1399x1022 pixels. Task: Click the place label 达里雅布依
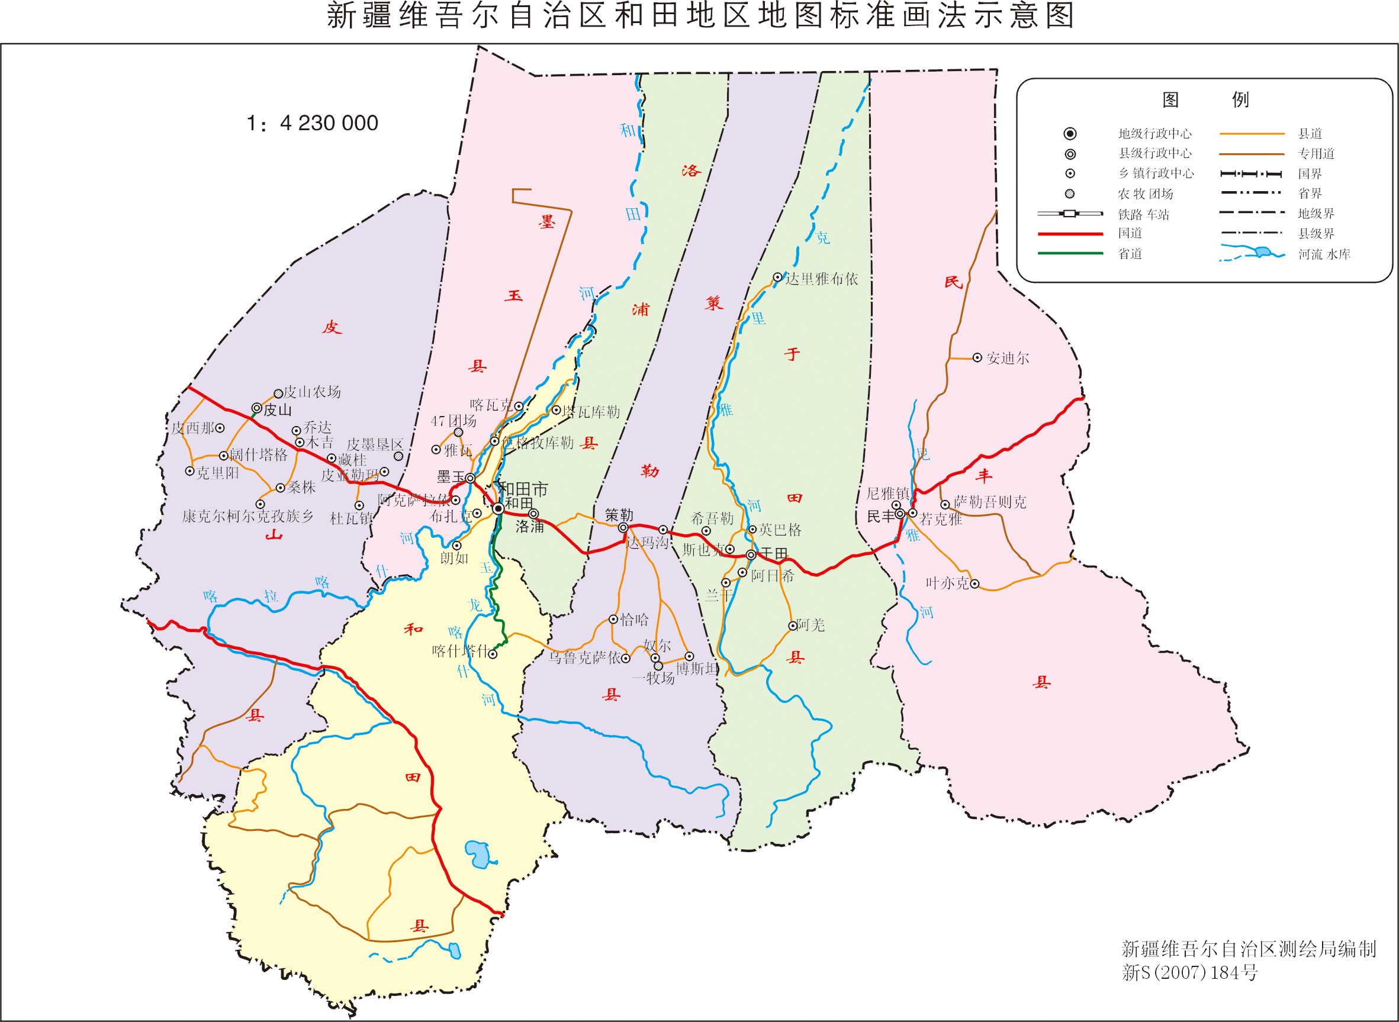pyautogui.click(x=821, y=279)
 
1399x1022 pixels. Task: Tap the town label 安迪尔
pyautogui.click(x=1008, y=358)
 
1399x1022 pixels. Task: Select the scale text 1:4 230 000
pyautogui.click(x=312, y=123)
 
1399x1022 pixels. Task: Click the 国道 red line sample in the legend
pyautogui.click(x=1070, y=234)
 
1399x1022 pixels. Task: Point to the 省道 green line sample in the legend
pyautogui.click(x=1070, y=254)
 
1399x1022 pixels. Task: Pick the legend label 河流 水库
pyautogui.click(x=1324, y=254)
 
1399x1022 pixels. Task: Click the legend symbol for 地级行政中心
pyautogui.click(x=1070, y=134)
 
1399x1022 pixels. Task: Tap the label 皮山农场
pyautogui.click(x=312, y=392)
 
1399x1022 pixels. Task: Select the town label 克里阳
pyautogui.click(x=218, y=473)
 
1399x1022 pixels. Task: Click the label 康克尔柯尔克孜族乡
pyautogui.click(x=247, y=517)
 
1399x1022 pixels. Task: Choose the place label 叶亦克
pyautogui.click(x=947, y=583)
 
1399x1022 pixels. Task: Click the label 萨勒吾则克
pyautogui.click(x=990, y=502)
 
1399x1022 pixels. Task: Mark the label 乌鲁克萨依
pyautogui.click(x=585, y=657)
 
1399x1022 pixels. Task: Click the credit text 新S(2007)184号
pyautogui.click(x=1189, y=973)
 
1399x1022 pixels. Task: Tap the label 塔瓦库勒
pyautogui.click(x=590, y=412)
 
